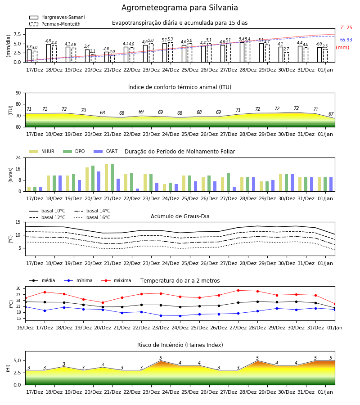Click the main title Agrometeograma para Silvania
click(180, 8)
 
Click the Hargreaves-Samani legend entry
click(57, 17)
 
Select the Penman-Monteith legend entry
click(55, 24)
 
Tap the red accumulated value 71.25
click(346, 27)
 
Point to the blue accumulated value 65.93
click(346, 40)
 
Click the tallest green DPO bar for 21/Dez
click(112, 178)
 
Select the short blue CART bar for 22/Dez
click(137, 190)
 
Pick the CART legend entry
click(105, 151)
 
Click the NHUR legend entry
click(42, 151)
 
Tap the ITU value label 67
click(331, 114)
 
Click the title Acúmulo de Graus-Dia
click(180, 216)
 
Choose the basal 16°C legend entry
click(92, 217)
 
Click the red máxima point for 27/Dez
click(238, 291)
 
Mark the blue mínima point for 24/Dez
click(180, 316)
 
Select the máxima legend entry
click(116, 280)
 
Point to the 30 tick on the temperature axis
click(18, 288)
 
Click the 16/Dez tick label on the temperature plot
click(25, 328)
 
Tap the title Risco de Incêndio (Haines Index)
click(180, 345)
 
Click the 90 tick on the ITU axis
click(18, 93)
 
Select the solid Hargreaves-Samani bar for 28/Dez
click(242, 52)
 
